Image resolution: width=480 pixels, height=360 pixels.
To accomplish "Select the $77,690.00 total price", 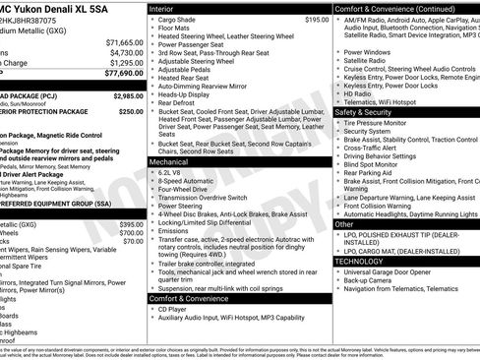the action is tap(122, 73).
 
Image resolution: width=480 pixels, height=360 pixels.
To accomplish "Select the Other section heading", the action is tap(344, 224).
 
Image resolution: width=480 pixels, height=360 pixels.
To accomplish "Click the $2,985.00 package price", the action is tap(128, 96).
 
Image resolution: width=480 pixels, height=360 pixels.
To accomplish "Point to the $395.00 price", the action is tap(132, 224).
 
